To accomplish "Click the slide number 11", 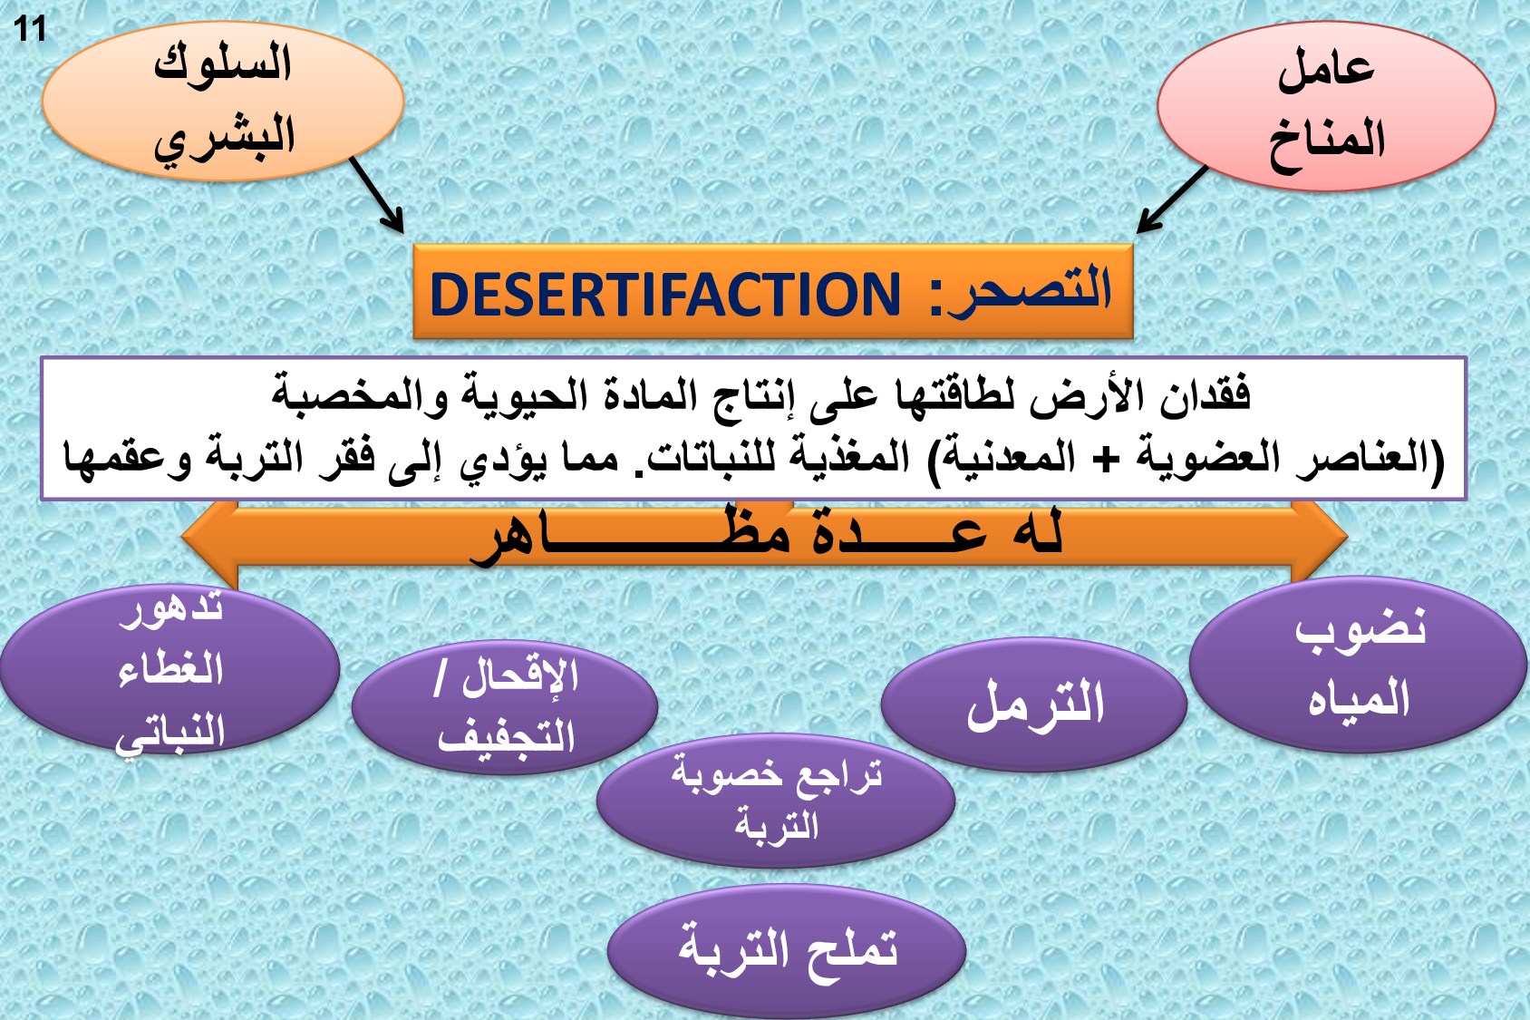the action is (30, 30).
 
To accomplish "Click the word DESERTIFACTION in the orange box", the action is (665, 295).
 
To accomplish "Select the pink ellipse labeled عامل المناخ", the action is (1326, 106).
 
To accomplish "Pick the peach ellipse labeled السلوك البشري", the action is (223, 102).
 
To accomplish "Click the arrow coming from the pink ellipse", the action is (1172, 199).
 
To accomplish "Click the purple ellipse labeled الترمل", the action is (1034, 704).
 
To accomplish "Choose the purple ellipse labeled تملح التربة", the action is (786, 951).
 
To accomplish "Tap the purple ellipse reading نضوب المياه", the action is (1358, 665).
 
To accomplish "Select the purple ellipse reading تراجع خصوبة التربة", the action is (776, 801).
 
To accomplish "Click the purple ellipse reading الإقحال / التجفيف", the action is (505, 708).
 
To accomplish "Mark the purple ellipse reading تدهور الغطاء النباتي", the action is (170, 669).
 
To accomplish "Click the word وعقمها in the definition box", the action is (127, 458).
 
